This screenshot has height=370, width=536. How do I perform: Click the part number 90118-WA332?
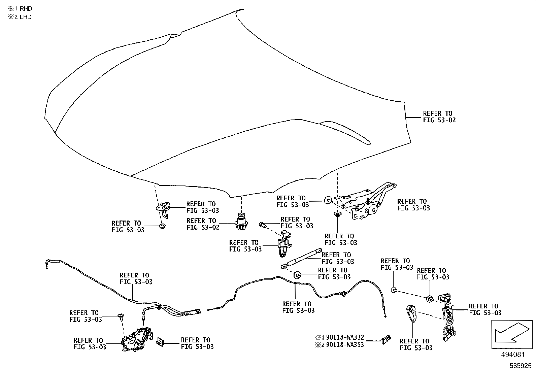pyautogui.click(x=344, y=338)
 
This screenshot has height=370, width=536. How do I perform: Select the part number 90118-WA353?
pyautogui.click(x=344, y=345)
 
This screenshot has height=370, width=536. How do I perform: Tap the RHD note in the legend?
pyautogui.click(x=20, y=9)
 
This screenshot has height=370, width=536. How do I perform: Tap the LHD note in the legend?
pyautogui.click(x=20, y=17)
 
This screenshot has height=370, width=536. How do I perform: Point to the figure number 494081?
pyautogui.click(x=513, y=355)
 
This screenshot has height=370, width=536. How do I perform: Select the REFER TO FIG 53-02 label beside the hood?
pyautogui.click(x=439, y=116)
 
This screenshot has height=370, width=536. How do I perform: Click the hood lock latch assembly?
pyautogui.click(x=136, y=340)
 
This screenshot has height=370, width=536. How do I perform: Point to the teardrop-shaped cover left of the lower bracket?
pyautogui.click(x=411, y=313)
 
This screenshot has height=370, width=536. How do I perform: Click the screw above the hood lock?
pyautogui.click(x=121, y=316)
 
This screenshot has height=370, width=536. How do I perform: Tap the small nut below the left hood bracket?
pyautogui.click(x=162, y=226)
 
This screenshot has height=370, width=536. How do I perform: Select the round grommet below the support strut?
pyautogui.click(x=297, y=275)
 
